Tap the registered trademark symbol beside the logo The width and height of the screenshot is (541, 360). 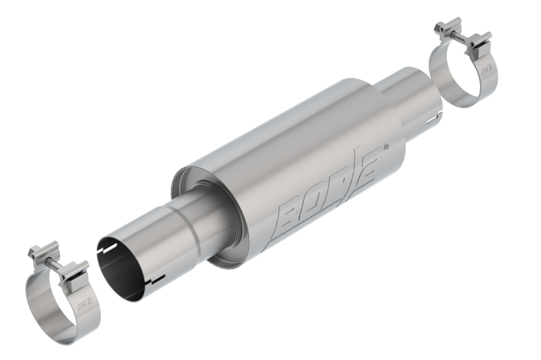pos(385,146)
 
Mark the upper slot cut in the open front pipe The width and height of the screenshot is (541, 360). pos(106,250)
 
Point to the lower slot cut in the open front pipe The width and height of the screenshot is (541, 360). pos(157,279)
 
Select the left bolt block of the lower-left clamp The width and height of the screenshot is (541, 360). pos(37,254)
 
